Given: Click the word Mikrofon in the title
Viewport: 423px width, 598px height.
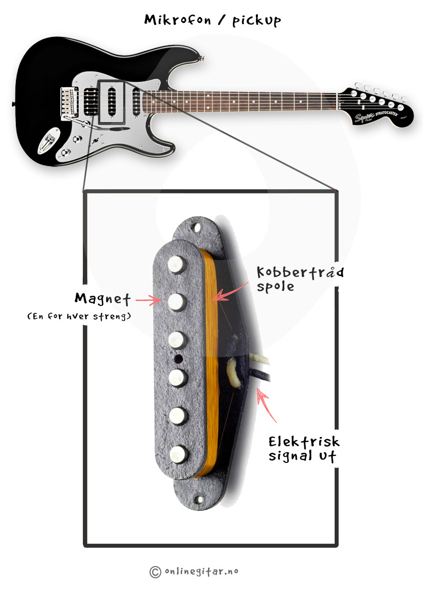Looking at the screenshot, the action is pos(178,20).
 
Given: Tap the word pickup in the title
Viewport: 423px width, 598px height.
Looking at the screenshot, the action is pos(257,21).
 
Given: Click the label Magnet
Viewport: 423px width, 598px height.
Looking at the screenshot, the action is pos(103,299).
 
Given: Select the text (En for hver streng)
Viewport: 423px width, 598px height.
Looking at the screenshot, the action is pos(79,316).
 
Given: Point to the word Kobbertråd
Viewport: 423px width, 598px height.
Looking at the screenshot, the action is pos(300,272).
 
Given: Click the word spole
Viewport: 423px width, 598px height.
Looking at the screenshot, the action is pos(275,287).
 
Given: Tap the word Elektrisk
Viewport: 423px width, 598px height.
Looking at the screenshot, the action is pos(304,442).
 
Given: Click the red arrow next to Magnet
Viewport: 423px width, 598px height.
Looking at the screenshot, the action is pos(148,300).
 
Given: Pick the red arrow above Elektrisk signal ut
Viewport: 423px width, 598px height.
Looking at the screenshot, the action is pos(266,405).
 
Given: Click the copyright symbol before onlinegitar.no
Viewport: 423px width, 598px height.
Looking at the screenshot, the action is pos(155,572).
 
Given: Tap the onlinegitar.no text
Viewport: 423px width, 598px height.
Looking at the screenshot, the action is pos(202,571).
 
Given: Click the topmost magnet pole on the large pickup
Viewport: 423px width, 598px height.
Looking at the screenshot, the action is pos(177,264).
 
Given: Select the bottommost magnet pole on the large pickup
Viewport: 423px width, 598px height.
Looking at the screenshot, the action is pos(178,454).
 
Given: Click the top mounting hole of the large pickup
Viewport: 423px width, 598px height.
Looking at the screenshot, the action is pos(197,228).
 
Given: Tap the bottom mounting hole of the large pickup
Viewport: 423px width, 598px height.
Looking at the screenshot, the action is pos(200,499).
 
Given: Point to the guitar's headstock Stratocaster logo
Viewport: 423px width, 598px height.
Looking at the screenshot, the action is pos(387,114).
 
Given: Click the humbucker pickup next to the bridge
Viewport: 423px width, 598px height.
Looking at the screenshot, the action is pos(91,102).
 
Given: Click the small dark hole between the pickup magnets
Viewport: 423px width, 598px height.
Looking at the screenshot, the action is pos(178,359).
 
